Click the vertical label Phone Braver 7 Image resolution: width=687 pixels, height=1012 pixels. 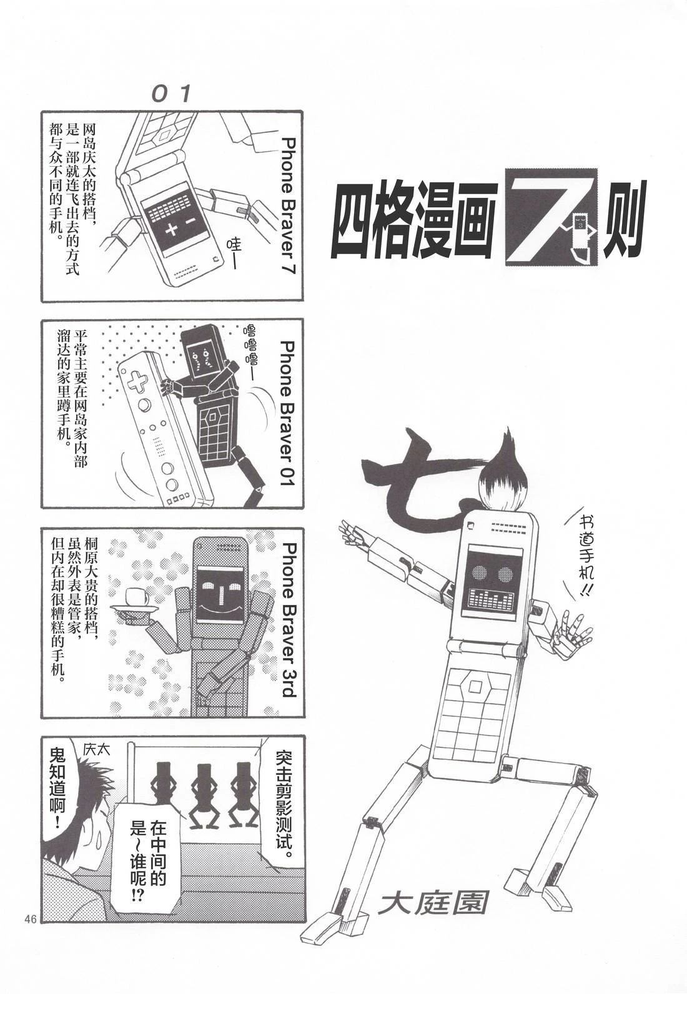(289, 205)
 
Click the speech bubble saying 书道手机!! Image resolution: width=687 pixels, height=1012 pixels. (583, 560)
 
